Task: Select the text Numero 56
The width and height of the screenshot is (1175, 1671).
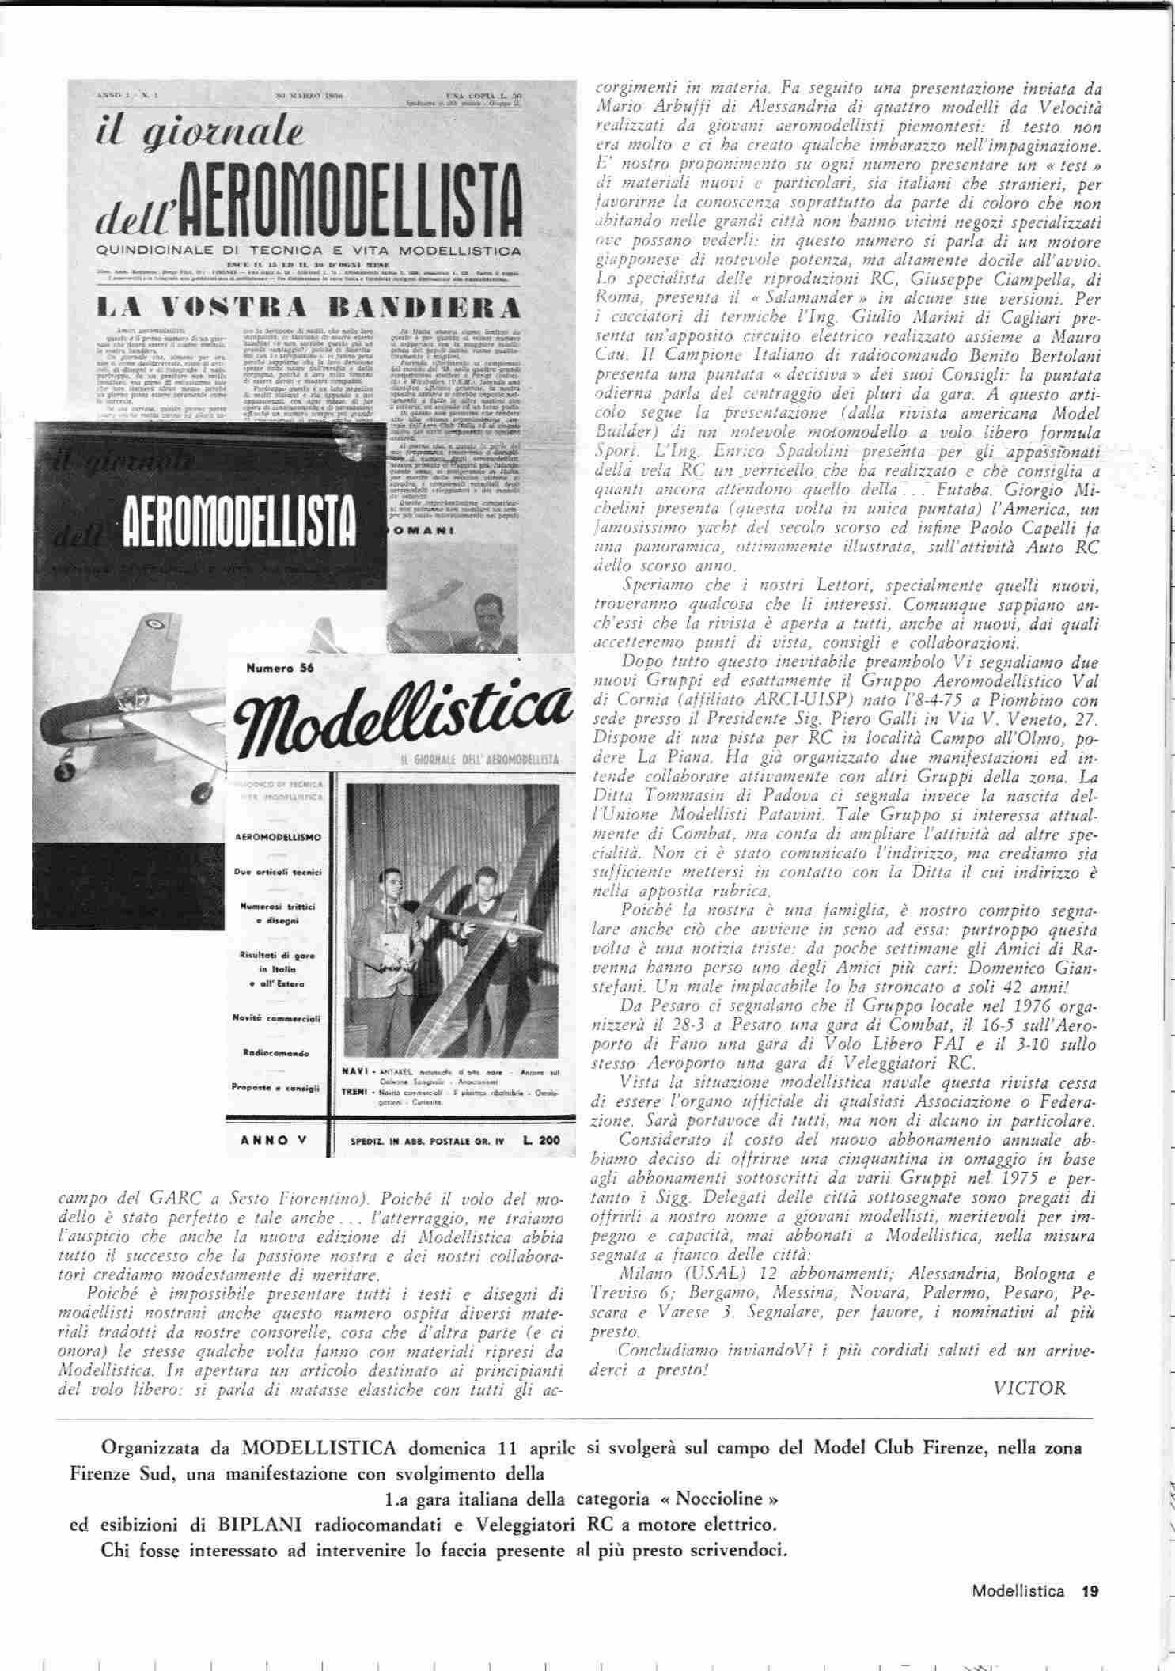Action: pyautogui.click(x=280, y=669)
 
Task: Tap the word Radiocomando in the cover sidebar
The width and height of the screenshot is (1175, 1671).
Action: pyautogui.click(x=276, y=1053)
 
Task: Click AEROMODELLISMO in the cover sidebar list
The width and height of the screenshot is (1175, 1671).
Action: pyautogui.click(x=275, y=836)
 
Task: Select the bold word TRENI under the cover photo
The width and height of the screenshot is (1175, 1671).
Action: pyautogui.click(x=354, y=1091)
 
